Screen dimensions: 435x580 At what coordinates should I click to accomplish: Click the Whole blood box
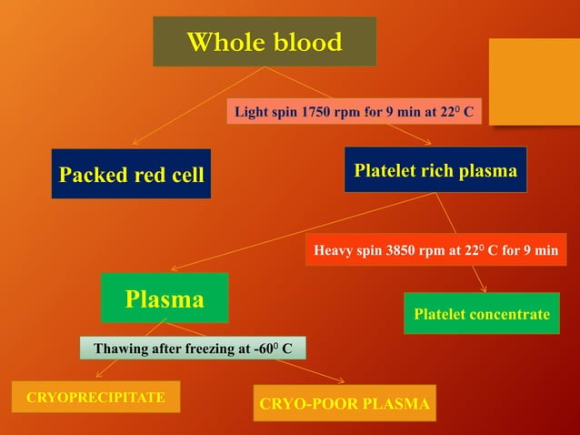[x=265, y=42]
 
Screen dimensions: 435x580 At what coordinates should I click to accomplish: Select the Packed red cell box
[x=131, y=174]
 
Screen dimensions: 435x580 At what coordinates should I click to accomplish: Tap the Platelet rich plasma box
[x=435, y=170]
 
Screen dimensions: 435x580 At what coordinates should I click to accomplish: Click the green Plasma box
[x=165, y=298]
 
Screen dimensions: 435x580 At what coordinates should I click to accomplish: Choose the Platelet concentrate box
[x=481, y=314]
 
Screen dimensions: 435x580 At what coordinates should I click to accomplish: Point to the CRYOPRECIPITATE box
[x=95, y=398]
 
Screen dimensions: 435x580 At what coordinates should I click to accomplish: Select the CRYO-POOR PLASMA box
[x=345, y=403]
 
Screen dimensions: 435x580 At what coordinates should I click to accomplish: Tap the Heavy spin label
[x=435, y=248]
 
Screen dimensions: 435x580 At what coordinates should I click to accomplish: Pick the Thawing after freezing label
[x=192, y=348]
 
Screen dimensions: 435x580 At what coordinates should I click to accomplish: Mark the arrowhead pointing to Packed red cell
[x=135, y=142]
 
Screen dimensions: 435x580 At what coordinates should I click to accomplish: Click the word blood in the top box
[x=305, y=42]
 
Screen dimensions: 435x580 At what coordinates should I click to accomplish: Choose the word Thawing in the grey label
[x=121, y=348]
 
